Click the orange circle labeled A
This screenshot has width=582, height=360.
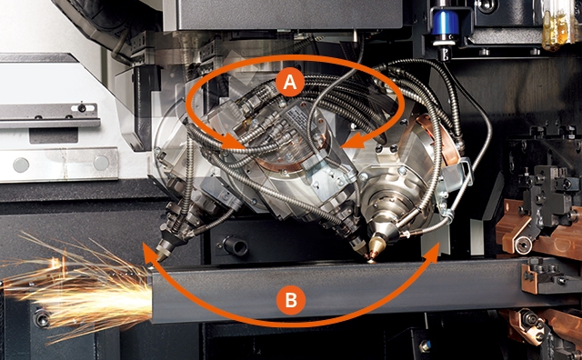pyautogui.click(x=290, y=82)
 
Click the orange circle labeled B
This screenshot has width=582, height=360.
pyautogui.click(x=291, y=300)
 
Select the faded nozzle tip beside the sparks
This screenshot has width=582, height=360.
pyautogui.click(x=163, y=252)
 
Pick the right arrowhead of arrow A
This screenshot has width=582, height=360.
pyautogui.click(x=353, y=140)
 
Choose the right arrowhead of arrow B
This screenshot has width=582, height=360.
pyautogui.click(x=434, y=253)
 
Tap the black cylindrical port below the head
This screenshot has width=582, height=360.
pyautogui.click(x=236, y=245)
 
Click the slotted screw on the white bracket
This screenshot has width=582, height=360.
pyautogui.click(x=82, y=107)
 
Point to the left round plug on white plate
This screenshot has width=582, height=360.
pyautogui.click(x=21, y=165)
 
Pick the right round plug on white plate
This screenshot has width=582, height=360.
pyautogui.click(x=101, y=163)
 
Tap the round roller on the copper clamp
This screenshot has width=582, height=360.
pyautogui.click(x=524, y=245)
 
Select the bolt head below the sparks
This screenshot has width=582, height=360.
pyautogui.click(x=42, y=318)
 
